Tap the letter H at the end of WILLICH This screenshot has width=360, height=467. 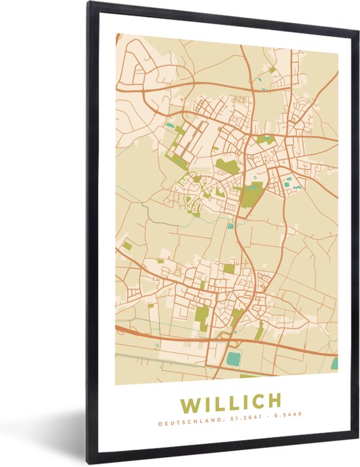point(274,400)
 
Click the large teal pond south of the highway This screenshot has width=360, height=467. point(233,358)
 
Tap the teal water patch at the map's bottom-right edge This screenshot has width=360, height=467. point(334,363)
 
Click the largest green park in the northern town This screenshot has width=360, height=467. point(252,195)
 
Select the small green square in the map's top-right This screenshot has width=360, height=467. point(272,69)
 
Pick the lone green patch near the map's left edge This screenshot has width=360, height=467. point(127,246)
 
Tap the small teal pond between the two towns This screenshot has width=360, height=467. point(230,226)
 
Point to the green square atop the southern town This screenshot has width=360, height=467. point(229,268)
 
